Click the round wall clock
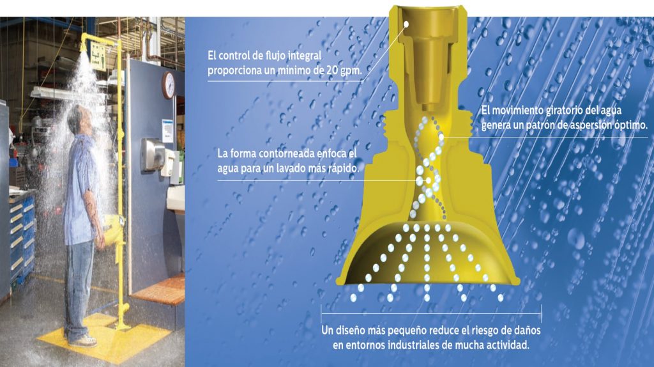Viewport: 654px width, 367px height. coord(169,85)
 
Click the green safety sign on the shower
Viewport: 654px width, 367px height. coord(98,56)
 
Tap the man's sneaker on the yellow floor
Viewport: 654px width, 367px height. coord(85,341)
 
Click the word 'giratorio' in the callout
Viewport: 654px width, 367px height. coord(564,110)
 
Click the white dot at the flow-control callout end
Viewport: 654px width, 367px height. coord(406,24)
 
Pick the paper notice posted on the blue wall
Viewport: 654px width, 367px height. coord(167,130)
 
